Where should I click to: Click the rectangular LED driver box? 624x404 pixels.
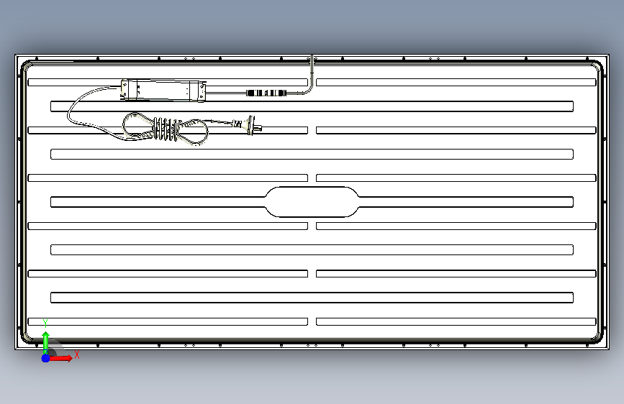(x=163, y=91)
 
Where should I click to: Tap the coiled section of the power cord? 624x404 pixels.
(x=166, y=129)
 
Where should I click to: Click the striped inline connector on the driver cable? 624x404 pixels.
(x=266, y=93)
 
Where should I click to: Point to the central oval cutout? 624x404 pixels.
(x=312, y=202)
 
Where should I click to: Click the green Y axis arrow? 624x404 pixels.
(x=45, y=343)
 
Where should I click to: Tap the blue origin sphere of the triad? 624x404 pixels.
(x=45, y=358)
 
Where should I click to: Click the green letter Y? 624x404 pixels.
(x=45, y=323)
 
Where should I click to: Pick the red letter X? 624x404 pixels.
(x=77, y=354)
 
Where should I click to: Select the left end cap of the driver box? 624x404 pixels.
(x=129, y=89)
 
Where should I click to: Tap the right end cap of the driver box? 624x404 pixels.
(x=198, y=91)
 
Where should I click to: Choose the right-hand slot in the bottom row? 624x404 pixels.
(x=456, y=321)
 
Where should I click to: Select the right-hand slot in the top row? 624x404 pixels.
(x=456, y=83)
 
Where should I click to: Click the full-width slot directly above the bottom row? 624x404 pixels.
(x=312, y=298)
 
